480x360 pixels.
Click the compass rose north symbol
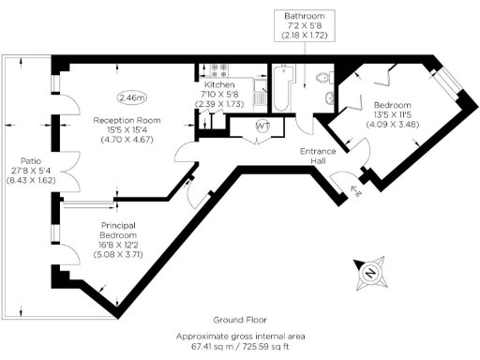point(369,274)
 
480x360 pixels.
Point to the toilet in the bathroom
point(323,78)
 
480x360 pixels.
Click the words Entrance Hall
point(318,156)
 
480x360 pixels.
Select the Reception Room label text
point(127,120)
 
